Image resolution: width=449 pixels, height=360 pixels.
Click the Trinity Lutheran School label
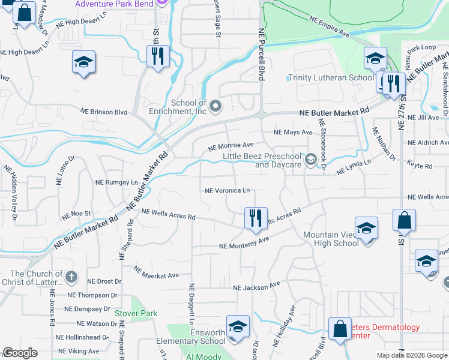tap(331, 77)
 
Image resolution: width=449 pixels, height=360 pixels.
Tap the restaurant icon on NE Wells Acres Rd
tap(256, 217)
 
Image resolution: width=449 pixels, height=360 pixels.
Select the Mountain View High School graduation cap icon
tap(366, 228)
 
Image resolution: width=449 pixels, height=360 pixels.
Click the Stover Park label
tap(136, 313)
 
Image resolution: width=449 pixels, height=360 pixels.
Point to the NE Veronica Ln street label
tap(227, 191)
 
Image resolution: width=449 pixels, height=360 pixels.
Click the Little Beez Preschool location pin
tap(310, 159)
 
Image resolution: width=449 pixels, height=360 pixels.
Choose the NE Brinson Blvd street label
tap(104, 112)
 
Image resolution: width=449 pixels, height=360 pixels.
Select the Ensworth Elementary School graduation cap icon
tap(238, 326)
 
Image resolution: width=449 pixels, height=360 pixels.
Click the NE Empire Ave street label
tap(329, 27)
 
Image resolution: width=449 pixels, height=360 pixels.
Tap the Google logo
tap(20, 353)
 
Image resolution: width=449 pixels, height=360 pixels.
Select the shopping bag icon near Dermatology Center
tap(340, 329)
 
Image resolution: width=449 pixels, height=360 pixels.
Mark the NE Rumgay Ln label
tap(117, 182)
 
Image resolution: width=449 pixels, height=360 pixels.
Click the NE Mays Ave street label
tap(293, 132)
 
